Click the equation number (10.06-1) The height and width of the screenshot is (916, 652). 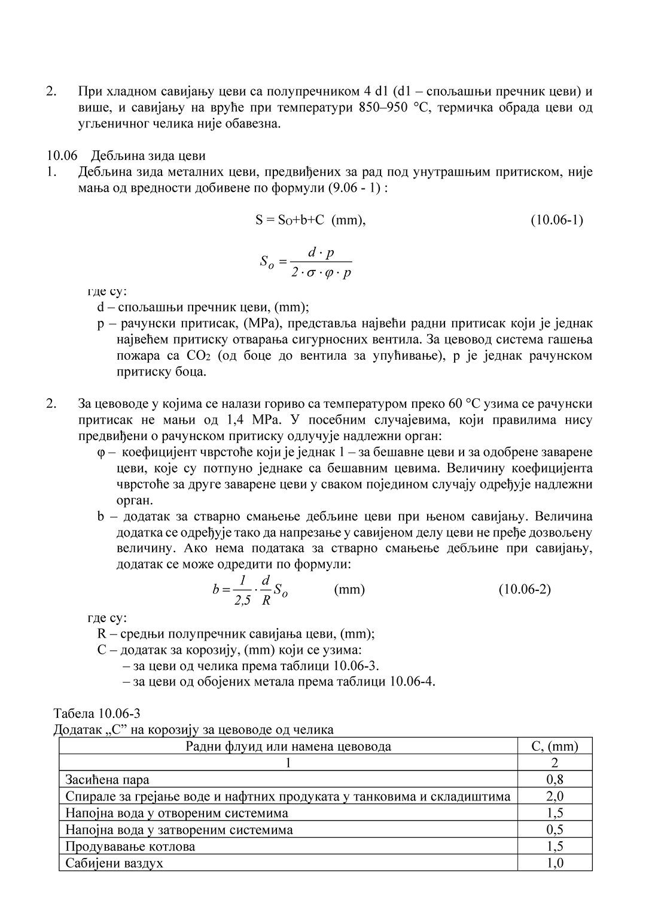(x=556, y=220)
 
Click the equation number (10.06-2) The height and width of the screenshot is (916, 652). (x=524, y=589)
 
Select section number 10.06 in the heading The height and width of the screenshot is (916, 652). (x=62, y=156)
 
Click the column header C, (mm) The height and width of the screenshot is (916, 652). (x=554, y=746)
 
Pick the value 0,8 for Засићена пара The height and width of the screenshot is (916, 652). (x=554, y=779)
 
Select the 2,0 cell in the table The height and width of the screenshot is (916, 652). (x=554, y=796)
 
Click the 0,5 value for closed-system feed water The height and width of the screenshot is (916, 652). (x=554, y=830)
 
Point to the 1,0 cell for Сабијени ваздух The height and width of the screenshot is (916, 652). (x=554, y=863)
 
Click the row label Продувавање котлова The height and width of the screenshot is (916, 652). (x=130, y=847)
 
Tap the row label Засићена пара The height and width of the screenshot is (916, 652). (x=107, y=779)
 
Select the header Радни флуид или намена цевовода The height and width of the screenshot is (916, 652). (x=288, y=746)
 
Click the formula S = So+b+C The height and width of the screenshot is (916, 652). (x=290, y=220)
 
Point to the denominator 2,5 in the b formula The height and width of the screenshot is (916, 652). (x=242, y=600)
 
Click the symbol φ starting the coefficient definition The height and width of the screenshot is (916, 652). (x=100, y=452)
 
